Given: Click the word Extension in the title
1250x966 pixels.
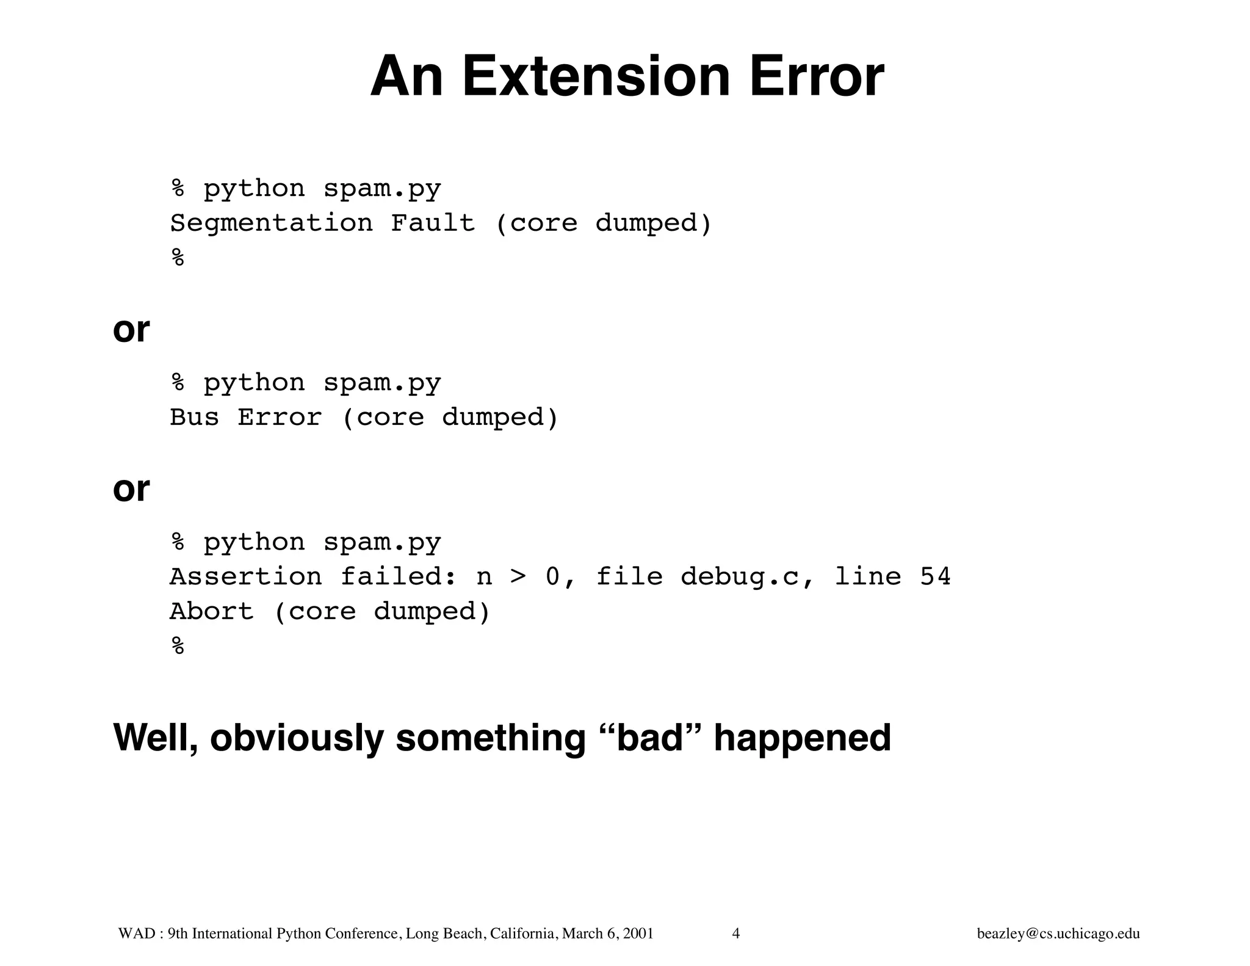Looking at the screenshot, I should point(596,77).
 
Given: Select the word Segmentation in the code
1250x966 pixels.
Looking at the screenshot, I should point(271,223).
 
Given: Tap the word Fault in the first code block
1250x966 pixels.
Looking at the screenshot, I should point(432,223).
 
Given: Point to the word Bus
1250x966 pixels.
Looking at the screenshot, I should point(194,418).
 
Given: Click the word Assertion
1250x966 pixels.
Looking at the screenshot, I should point(245,577).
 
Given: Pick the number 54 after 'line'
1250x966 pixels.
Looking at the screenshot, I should point(935,577).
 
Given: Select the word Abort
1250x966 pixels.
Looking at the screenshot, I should point(211,612).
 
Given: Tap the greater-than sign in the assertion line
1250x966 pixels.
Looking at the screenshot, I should point(518,577).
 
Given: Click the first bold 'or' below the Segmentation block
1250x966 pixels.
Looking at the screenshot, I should point(131,330).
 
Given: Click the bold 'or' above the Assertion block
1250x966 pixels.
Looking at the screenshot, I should point(131,489).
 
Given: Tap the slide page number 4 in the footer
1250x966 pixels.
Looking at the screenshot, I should point(735,934).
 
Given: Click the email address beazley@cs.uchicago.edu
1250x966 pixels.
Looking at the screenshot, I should point(1058,934).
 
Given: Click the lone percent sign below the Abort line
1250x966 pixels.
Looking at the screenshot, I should point(178,646).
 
